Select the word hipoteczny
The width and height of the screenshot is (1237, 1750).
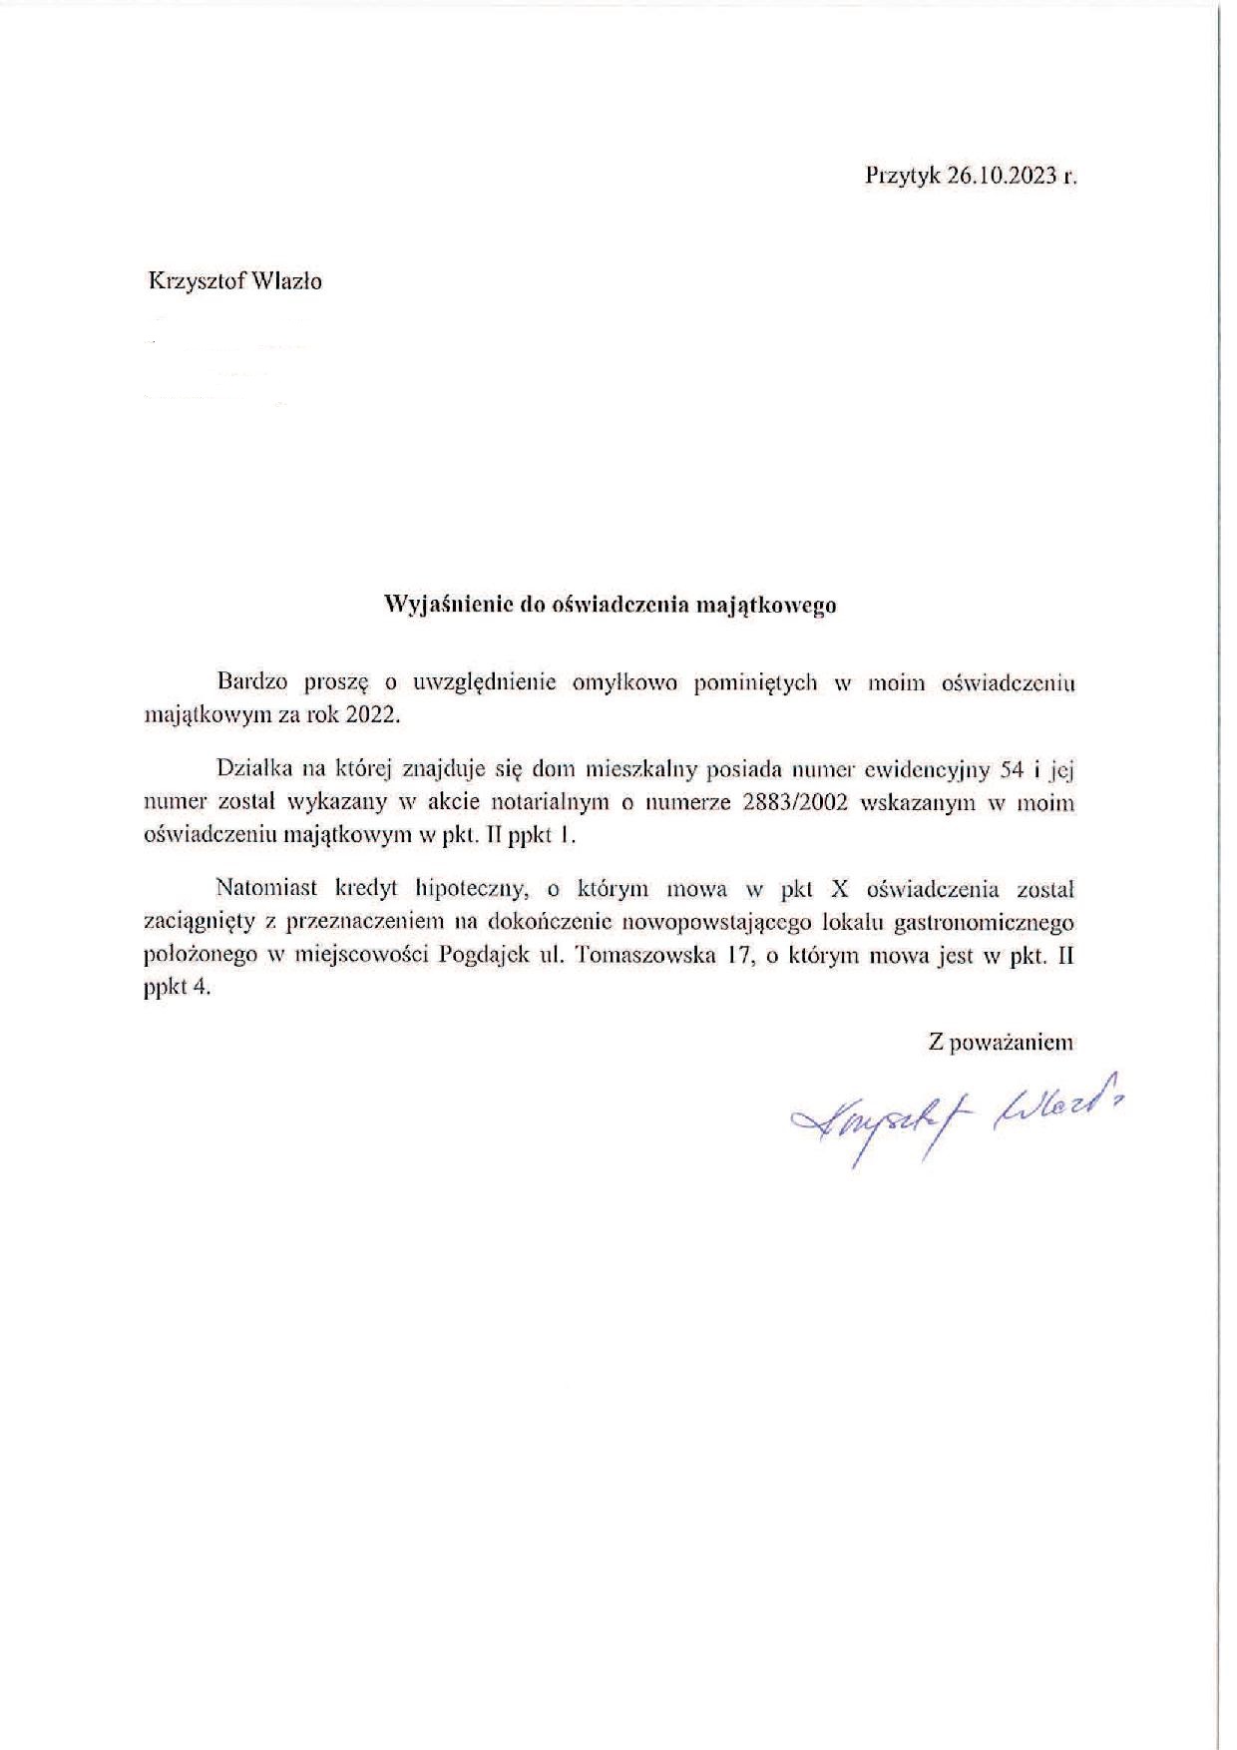(x=475, y=889)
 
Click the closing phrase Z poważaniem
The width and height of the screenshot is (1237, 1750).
(x=1001, y=1043)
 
